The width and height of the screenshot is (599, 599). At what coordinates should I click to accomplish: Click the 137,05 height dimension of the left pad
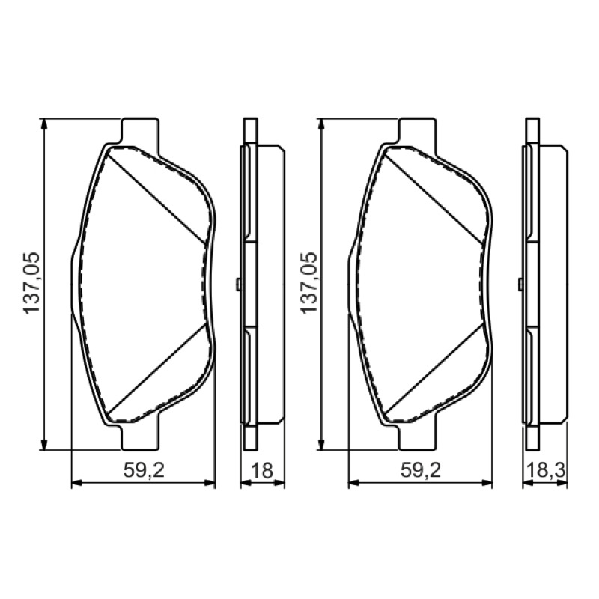tap(31, 283)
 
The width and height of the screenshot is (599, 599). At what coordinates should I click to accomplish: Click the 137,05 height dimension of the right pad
tap(309, 283)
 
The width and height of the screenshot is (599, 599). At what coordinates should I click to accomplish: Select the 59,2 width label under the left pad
tap(144, 470)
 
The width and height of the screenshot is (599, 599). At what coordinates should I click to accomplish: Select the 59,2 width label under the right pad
tap(421, 470)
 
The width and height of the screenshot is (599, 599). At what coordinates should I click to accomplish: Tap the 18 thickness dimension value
tap(262, 470)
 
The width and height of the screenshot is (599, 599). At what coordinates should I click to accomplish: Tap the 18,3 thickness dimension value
tap(546, 470)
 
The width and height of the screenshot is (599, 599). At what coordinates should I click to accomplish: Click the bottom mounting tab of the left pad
tap(139, 437)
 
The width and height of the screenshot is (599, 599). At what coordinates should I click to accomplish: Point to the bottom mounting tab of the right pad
tap(416, 437)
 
